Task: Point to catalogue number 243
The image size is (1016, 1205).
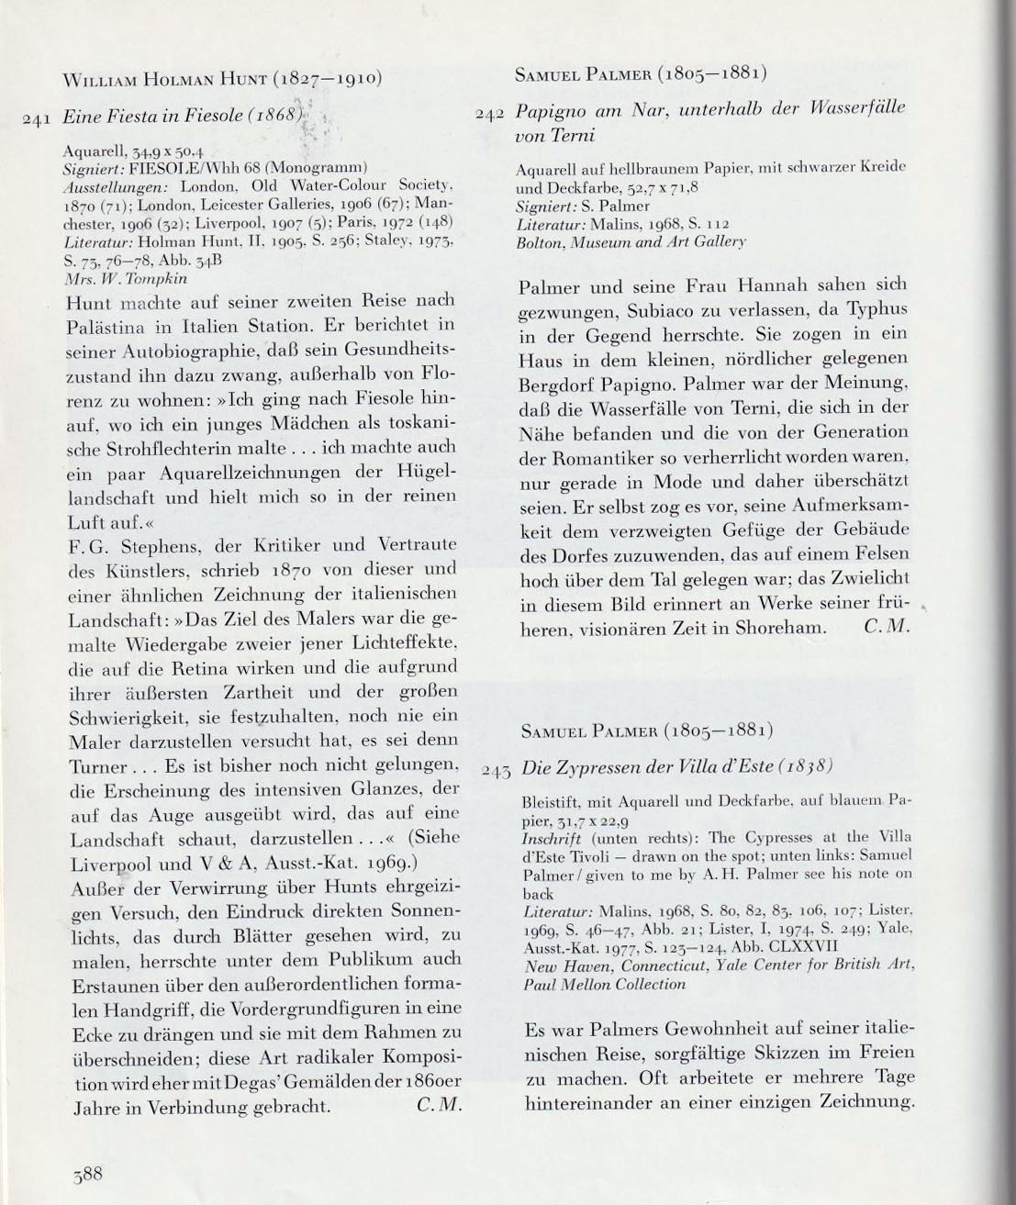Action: (497, 771)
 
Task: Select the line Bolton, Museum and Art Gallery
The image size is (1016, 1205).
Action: (631, 241)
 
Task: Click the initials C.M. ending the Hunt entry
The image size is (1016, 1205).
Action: (436, 1107)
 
